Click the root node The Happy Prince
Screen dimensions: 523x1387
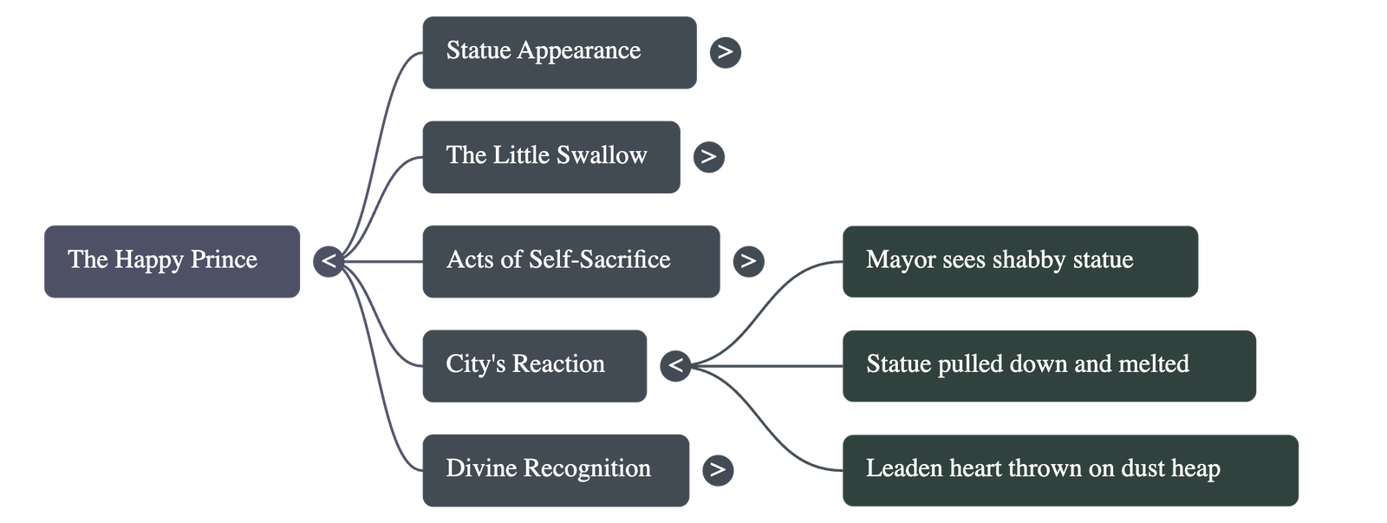point(172,261)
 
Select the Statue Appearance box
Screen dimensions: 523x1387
point(559,52)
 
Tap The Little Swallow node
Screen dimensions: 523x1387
point(550,156)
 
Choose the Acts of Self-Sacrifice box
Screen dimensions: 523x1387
point(570,261)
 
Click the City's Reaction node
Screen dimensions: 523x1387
point(534,365)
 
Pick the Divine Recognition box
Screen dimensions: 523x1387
point(556,470)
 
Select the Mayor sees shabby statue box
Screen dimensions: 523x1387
point(1020,261)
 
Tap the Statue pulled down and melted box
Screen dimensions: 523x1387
point(1049,365)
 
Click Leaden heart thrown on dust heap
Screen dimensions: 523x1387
point(1071,470)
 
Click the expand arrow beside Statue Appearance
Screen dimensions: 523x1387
point(726,52)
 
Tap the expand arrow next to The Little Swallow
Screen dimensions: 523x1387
point(708,156)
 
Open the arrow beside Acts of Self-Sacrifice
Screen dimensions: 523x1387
point(748,261)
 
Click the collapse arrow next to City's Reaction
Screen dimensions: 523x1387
point(676,365)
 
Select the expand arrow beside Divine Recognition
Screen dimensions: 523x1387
point(717,470)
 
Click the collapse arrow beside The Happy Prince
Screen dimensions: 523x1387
point(329,261)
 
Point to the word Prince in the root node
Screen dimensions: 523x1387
point(224,259)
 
